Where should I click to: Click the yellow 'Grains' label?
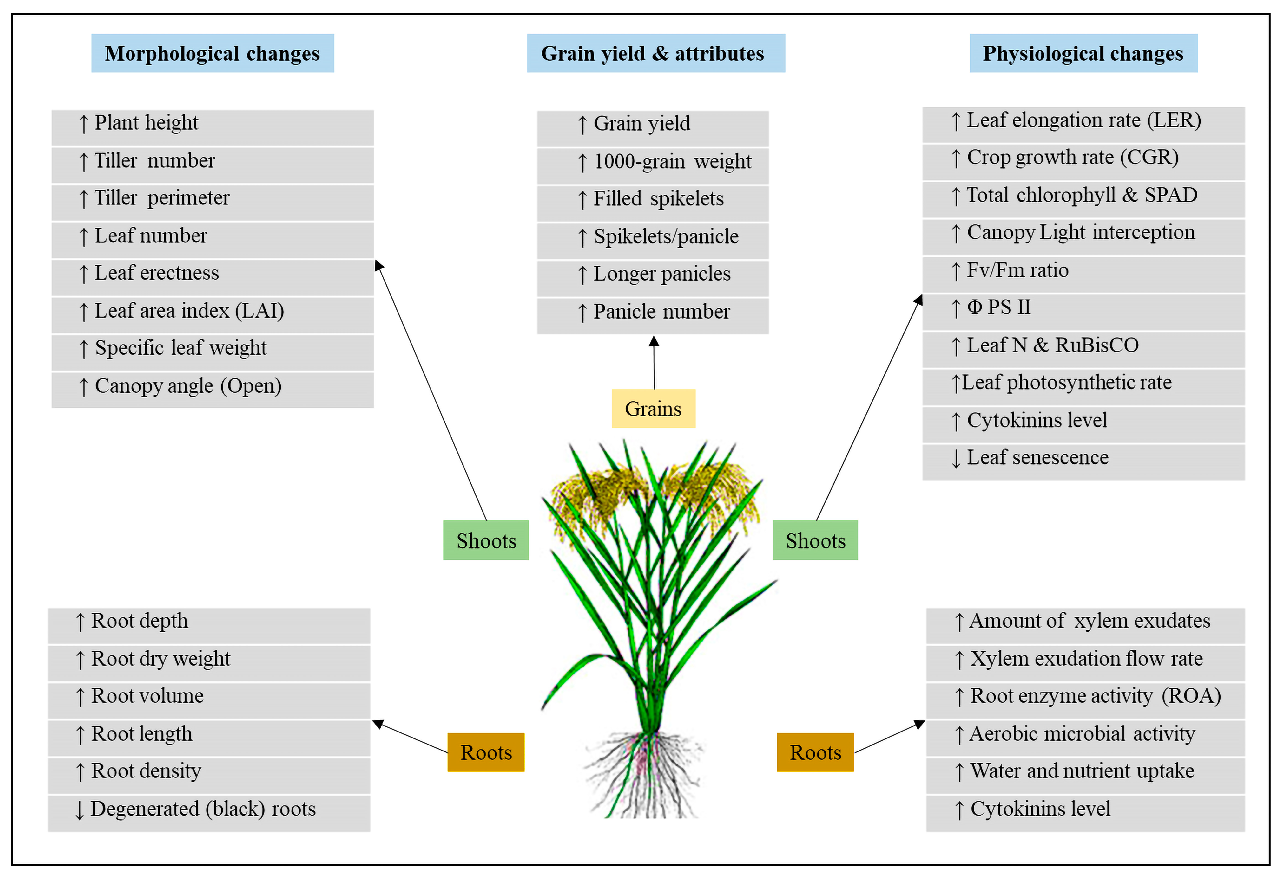click(x=653, y=409)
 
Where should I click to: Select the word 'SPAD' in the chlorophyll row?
click(x=1170, y=195)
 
